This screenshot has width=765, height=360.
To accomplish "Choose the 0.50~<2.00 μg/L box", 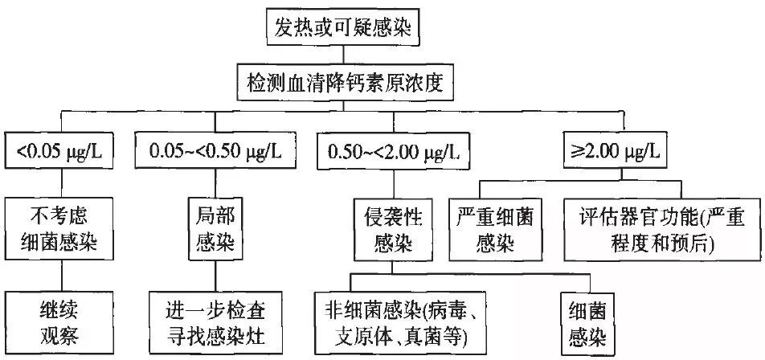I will (x=393, y=150).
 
